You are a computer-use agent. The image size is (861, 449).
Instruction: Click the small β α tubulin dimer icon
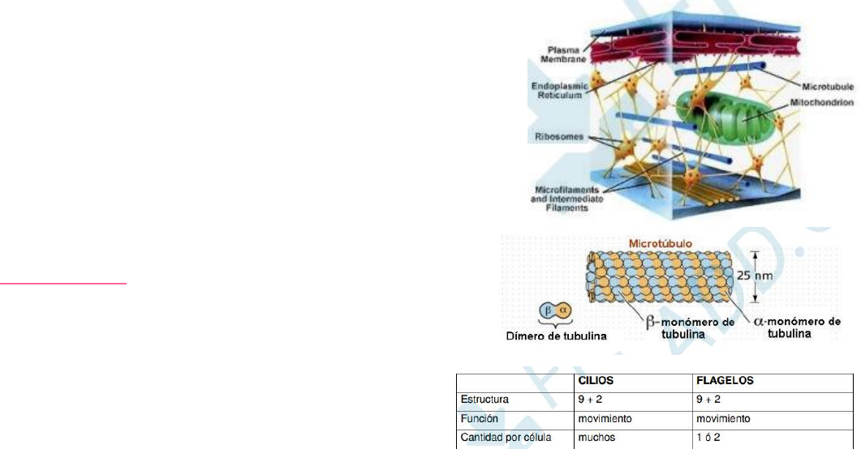click(556, 310)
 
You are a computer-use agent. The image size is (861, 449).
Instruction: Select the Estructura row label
click(484, 400)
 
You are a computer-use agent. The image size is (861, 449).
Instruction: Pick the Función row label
click(480, 419)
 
